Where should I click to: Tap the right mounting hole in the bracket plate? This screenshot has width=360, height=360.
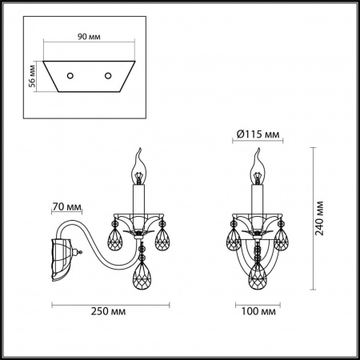pos(107,76)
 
